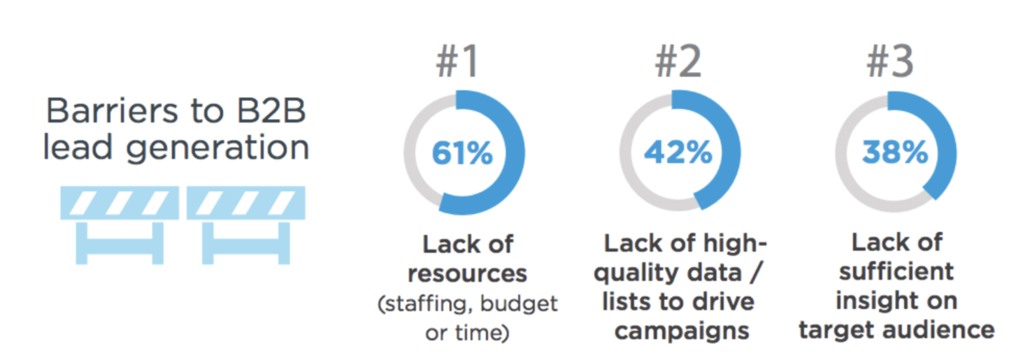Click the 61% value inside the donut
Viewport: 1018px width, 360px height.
(x=462, y=152)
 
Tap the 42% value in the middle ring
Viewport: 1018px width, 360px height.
(x=678, y=152)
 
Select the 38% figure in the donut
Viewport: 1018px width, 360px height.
(x=895, y=152)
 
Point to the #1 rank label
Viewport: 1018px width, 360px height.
(x=457, y=61)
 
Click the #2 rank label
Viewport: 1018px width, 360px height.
(x=678, y=61)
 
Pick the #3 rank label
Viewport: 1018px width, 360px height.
(x=890, y=61)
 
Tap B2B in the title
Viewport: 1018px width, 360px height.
(x=271, y=110)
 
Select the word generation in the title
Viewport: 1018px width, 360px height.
(x=217, y=149)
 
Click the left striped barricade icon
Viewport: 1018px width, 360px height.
(x=120, y=224)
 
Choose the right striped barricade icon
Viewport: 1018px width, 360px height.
(x=246, y=224)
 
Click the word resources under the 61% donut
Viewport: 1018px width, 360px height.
(x=467, y=274)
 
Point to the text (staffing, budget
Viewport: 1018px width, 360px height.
(x=467, y=304)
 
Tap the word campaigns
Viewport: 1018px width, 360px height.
(x=682, y=331)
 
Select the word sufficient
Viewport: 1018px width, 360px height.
(x=896, y=271)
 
